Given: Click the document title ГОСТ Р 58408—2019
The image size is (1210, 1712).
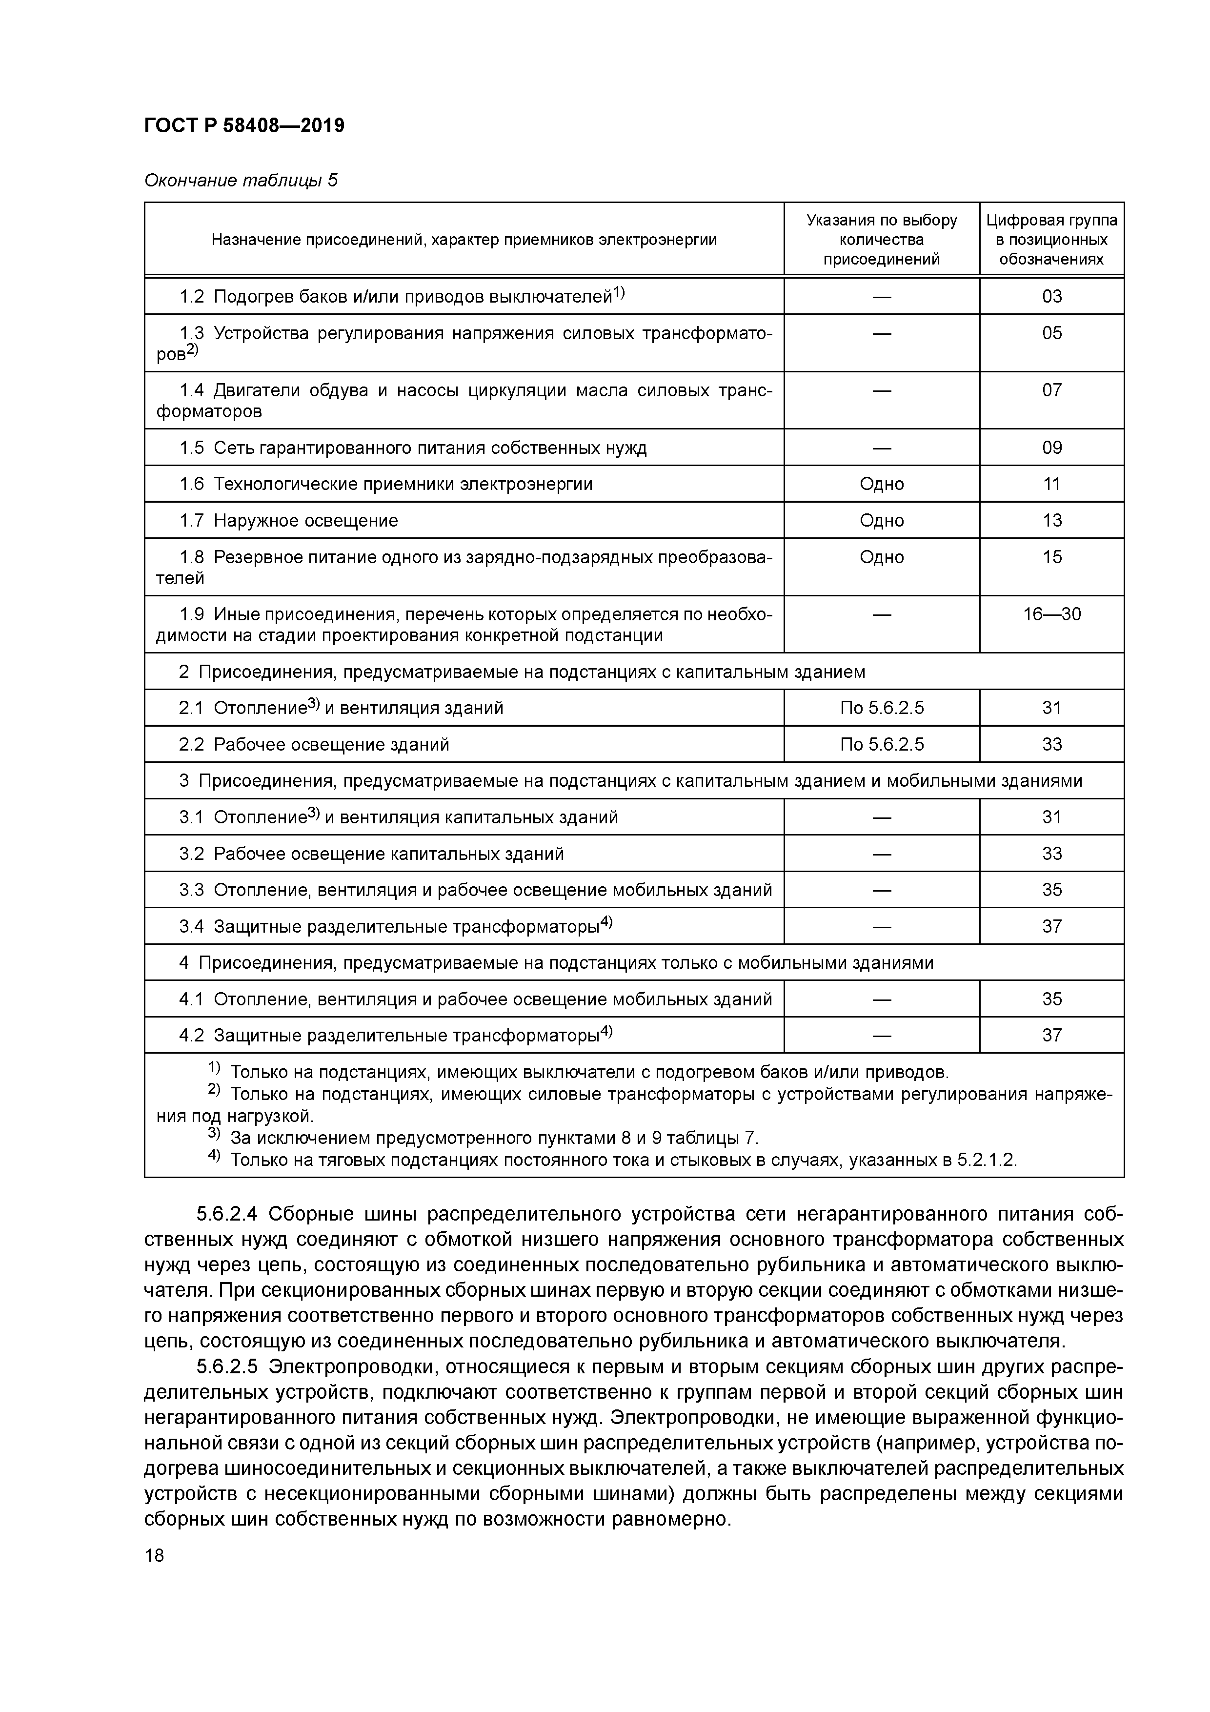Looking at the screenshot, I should click(244, 126).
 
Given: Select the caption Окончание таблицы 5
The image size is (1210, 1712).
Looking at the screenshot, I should click(240, 181).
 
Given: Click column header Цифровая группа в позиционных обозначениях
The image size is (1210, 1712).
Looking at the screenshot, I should click(1051, 239).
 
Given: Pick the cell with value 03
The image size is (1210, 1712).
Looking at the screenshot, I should click(1051, 297).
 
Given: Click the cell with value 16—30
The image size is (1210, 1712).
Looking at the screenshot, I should click(1051, 614).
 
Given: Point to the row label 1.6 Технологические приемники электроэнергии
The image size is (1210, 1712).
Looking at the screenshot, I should click(385, 484).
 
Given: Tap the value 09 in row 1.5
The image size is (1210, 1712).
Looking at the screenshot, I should click(1051, 448).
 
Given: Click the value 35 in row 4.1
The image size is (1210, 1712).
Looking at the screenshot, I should click(1051, 999).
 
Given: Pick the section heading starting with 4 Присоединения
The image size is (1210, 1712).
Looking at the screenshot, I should click(555, 962).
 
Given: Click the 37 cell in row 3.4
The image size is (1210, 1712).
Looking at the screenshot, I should click(1051, 926).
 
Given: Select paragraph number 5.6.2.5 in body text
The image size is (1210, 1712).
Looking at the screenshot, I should click(227, 1367).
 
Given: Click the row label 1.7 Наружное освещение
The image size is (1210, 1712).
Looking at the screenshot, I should click(288, 520).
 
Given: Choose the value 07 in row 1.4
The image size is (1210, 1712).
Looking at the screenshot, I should click(1051, 390).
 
